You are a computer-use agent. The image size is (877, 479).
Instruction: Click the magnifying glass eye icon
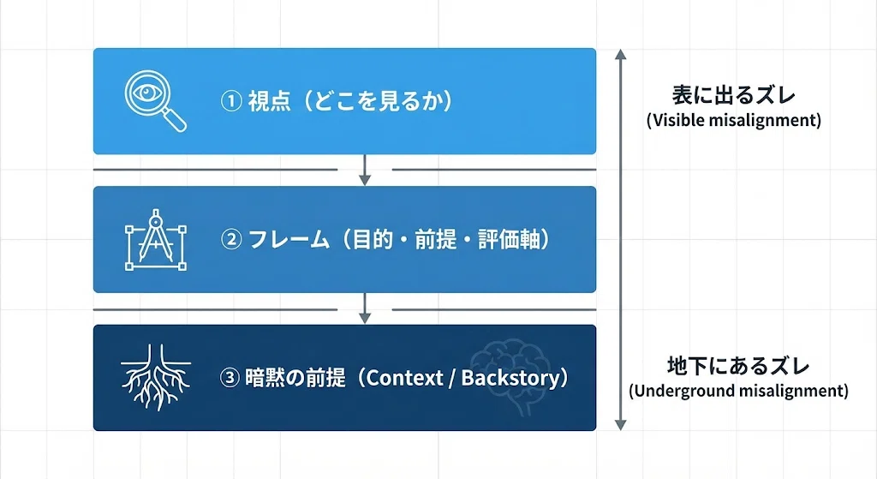click(156, 101)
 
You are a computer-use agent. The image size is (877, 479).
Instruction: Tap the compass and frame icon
click(156, 240)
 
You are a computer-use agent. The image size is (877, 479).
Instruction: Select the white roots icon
click(156, 377)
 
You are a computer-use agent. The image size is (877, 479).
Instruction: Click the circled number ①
click(231, 101)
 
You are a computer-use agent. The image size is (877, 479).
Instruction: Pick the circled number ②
click(231, 240)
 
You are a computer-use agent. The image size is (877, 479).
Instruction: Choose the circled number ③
click(230, 378)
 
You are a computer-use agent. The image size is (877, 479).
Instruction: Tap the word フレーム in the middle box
click(289, 240)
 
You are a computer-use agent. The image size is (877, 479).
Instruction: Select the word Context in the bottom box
click(405, 378)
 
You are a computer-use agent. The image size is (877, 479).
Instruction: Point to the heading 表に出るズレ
click(733, 94)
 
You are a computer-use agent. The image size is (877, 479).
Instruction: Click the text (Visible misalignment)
click(734, 120)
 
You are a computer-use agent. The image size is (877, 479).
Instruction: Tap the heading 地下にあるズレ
click(738, 365)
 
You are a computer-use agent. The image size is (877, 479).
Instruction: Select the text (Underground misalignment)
click(738, 391)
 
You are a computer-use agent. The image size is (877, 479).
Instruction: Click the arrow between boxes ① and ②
click(365, 170)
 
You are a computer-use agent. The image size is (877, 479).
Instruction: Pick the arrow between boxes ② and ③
click(365, 308)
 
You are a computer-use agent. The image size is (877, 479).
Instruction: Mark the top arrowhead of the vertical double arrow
click(620, 54)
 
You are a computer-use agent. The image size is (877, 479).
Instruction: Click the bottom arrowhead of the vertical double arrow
click(620, 425)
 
